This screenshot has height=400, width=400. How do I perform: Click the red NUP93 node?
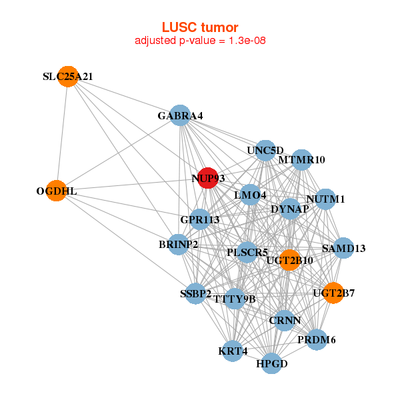pos(208,178)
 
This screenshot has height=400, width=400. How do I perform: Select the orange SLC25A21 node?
pos(67,77)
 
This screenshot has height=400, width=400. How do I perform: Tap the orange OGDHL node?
pos(57,191)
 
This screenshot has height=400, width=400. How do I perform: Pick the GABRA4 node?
pos(180,115)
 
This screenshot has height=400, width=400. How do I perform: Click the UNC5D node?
pos(265,150)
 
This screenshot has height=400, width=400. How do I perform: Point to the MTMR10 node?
pos(301,159)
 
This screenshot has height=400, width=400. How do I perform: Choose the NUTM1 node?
pos(325,199)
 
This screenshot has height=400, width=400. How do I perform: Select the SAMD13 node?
pos(343,248)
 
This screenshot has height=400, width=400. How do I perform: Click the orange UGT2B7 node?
pos(333,293)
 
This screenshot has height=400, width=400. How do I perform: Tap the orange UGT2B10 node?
pos(289,259)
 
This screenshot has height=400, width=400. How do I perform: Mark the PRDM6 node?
pos(317,340)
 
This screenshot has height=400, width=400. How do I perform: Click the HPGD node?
pos(271,364)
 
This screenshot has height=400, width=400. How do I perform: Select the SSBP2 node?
pos(195,293)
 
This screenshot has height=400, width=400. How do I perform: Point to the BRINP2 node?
pos(178,245)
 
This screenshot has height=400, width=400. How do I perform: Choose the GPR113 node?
pos(200,219)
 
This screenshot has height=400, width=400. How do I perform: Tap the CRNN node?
pos(285,321)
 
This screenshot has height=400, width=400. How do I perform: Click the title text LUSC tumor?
pos(200,27)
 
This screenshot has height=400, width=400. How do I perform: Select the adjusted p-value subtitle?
pos(200,41)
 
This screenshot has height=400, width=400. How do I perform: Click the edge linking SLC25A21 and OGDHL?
pos(62,133)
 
